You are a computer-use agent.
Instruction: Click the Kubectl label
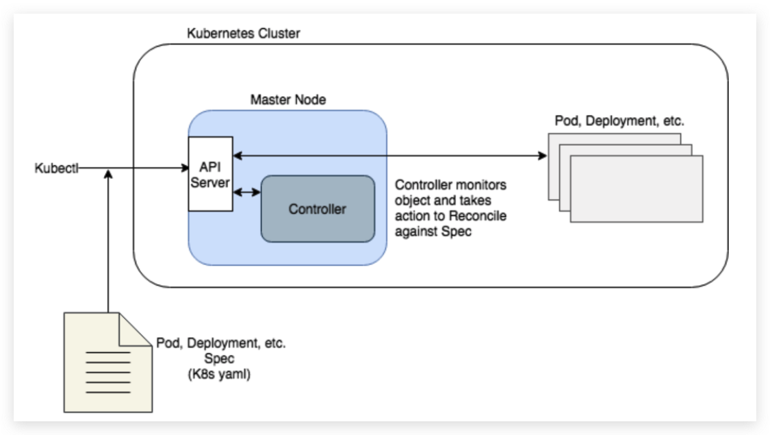click(x=56, y=167)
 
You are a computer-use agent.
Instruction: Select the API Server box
click(x=209, y=174)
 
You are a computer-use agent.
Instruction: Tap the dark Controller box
click(x=318, y=209)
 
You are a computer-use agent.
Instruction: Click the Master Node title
click(x=288, y=100)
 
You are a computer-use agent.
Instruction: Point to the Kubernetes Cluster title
click(x=243, y=34)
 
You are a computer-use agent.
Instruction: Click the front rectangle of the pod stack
click(x=636, y=189)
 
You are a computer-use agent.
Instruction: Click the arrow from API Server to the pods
click(x=390, y=156)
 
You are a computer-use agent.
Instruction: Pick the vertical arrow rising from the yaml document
click(x=108, y=240)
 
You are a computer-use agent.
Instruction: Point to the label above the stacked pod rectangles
click(x=619, y=121)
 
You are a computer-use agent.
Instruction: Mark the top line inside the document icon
click(x=107, y=353)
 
